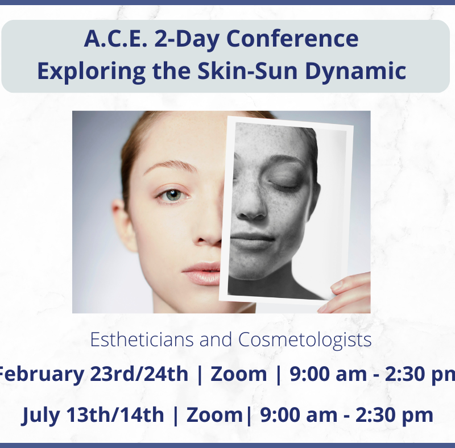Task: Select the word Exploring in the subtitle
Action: point(92,72)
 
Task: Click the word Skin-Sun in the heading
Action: point(248,71)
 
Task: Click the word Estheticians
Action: point(142,339)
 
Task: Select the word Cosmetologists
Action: point(305,340)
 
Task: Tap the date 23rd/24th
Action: point(139,374)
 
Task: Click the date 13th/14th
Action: point(115,414)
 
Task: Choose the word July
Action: point(40,416)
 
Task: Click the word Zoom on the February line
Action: point(238,374)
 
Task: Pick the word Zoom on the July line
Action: point(214,414)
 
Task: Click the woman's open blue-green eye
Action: point(173,194)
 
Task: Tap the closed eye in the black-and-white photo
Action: point(283,185)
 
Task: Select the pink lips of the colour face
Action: point(201,273)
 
